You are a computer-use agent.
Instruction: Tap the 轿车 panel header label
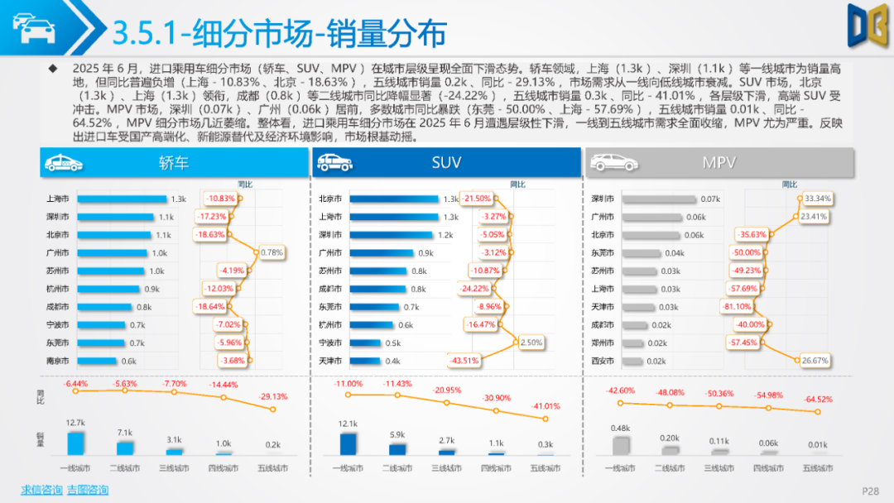point(173,163)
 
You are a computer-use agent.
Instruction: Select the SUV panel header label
point(446,163)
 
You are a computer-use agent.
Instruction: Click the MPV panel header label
point(719,163)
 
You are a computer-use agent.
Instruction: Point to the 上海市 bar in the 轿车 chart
point(122,199)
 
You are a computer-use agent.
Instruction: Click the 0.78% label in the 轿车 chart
point(272,252)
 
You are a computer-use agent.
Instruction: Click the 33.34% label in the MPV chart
point(817,199)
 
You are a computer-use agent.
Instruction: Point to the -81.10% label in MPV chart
point(737,307)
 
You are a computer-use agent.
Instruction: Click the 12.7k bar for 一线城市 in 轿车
point(76,443)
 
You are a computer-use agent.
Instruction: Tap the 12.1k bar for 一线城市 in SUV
point(348,444)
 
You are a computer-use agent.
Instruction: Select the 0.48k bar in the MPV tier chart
point(621,446)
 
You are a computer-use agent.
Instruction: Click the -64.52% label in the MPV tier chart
point(818,400)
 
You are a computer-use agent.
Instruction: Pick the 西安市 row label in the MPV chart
point(603,362)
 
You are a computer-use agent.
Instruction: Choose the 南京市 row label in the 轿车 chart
point(58,362)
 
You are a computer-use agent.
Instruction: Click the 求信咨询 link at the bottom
point(41,490)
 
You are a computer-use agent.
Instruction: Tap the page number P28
point(870,491)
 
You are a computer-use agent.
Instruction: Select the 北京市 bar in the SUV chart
point(393,199)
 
